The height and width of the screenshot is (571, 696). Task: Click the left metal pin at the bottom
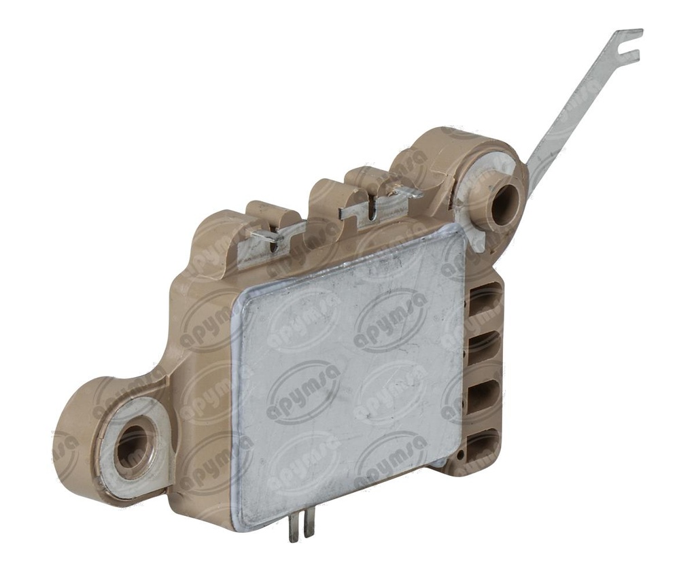pyautogui.click(x=294, y=527)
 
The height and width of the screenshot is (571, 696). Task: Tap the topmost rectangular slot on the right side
pyautogui.click(x=485, y=299)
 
